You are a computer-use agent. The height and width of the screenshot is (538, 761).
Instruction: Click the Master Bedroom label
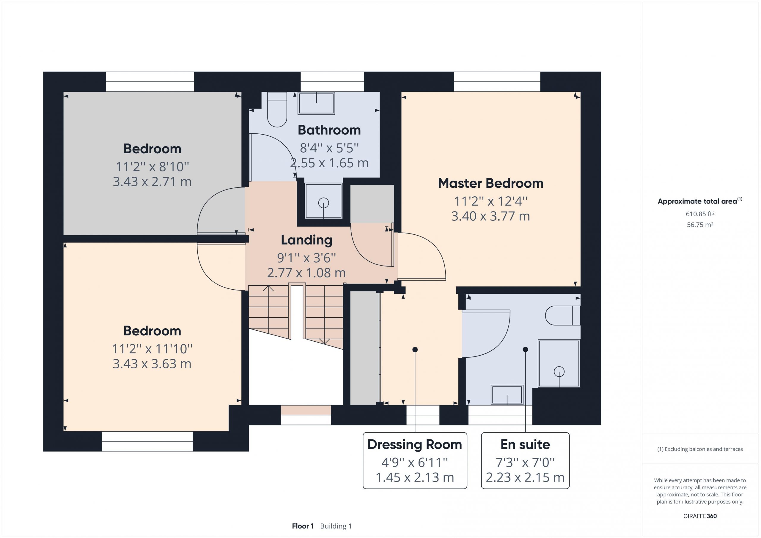[x=490, y=183]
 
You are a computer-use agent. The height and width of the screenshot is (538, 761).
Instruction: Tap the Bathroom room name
[x=329, y=130]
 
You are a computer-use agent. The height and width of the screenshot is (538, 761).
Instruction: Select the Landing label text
[x=306, y=240]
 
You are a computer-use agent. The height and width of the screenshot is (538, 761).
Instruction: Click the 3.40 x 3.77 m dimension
[x=490, y=216]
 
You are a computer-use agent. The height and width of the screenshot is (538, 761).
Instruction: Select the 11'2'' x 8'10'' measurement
[x=152, y=166]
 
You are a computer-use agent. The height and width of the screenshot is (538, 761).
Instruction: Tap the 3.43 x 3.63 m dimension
[x=152, y=364]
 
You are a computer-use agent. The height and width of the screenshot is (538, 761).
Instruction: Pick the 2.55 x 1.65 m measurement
[x=329, y=163]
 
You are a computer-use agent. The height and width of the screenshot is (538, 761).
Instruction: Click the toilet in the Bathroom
[x=277, y=109]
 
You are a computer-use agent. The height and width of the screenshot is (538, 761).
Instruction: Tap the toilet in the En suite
[x=563, y=315]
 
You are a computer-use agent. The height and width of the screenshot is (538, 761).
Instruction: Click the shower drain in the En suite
[x=559, y=371]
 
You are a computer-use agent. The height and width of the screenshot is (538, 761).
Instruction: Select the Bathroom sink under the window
[x=316, y=103]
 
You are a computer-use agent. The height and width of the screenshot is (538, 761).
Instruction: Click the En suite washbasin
[x=507, y=395]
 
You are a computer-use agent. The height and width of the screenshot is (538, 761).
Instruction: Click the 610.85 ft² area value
[x=700, y=214]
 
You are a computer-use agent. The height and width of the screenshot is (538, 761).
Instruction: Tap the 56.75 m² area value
[x=700, y=225]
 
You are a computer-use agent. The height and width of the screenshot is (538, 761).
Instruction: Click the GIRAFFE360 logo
[x=700, y=516]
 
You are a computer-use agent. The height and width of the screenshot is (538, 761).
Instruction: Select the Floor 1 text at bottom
[x=303, y=526]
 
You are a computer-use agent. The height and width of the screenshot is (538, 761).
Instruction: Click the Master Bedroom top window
[x=497, y=82]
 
